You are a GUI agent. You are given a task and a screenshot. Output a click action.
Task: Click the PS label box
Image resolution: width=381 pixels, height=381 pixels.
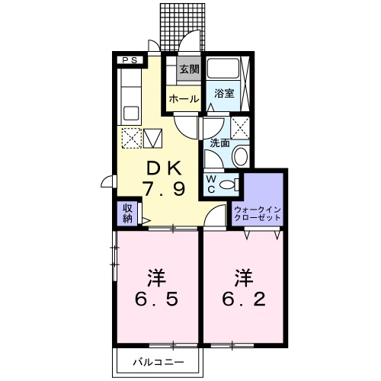[130, 60]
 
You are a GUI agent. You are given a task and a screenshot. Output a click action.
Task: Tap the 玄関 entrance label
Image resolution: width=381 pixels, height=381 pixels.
[189, 69]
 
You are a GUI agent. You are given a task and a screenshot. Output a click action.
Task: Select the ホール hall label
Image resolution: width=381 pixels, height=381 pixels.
[184, 99]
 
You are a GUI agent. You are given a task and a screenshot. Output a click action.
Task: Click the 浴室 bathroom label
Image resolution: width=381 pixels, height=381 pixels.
[224, 93]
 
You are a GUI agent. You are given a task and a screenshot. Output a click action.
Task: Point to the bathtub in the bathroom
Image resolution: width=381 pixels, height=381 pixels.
[223, 69]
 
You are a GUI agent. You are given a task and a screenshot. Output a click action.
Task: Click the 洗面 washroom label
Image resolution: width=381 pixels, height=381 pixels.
[219, 143]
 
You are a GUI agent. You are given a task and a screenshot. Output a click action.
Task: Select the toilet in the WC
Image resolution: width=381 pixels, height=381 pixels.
[229, 184]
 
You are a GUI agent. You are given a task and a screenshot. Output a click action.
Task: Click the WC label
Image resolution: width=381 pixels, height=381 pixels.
[211, 184]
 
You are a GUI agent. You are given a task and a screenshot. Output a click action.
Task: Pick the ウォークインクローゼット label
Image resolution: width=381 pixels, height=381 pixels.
[258, 213]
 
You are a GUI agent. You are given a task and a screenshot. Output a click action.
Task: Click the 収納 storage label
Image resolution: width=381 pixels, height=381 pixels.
[128, 213]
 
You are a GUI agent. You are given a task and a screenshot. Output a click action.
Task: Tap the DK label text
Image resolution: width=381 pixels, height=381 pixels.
[165, 168]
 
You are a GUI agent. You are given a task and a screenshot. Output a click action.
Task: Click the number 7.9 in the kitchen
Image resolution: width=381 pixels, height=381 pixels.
[164, 189]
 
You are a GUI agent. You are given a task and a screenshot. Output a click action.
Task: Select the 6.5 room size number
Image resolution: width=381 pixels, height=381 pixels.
[157, 299]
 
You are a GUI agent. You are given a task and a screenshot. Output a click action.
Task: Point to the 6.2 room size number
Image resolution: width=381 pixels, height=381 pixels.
[244, 299]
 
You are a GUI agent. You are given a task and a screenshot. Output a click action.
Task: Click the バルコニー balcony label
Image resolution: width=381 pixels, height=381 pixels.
[158, 362]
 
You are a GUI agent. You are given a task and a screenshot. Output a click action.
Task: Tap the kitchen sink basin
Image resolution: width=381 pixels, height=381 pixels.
[131, 114]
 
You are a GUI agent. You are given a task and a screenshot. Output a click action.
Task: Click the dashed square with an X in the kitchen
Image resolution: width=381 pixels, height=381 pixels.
[132, 138]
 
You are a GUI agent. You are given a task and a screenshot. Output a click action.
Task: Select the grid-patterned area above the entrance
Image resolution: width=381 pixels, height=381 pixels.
[182, 27]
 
